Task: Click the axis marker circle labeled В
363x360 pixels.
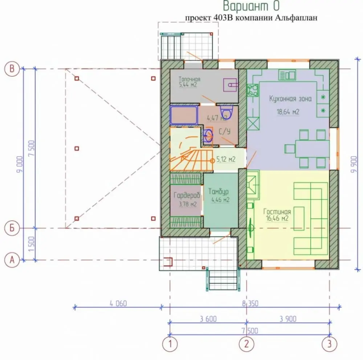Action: point(12,69)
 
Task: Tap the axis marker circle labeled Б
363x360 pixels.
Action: point(12,228)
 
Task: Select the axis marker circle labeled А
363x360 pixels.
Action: point(12,260)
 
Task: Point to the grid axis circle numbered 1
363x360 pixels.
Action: point(170,344)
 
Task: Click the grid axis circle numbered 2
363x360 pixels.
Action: point(246,344)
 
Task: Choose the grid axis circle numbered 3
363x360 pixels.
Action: point(329,344)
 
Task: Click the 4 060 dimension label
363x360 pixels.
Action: point(118,303)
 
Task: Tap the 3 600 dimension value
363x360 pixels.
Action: point(208,319)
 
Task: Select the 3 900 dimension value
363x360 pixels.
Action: point(288,319)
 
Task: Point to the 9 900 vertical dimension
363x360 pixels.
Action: point(354,164)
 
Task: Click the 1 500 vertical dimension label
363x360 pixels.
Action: point(32,244)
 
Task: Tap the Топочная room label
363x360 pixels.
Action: point(189,79)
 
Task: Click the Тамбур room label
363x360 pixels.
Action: point(219,192)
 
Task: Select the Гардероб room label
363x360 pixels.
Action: point(187,196)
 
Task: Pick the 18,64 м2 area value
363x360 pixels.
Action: point(288,112)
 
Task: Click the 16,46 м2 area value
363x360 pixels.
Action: point(277,219)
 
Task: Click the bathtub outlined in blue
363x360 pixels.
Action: point(184,115)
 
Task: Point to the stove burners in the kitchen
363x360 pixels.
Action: point(253,90)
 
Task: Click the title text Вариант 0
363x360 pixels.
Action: point(252,6)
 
